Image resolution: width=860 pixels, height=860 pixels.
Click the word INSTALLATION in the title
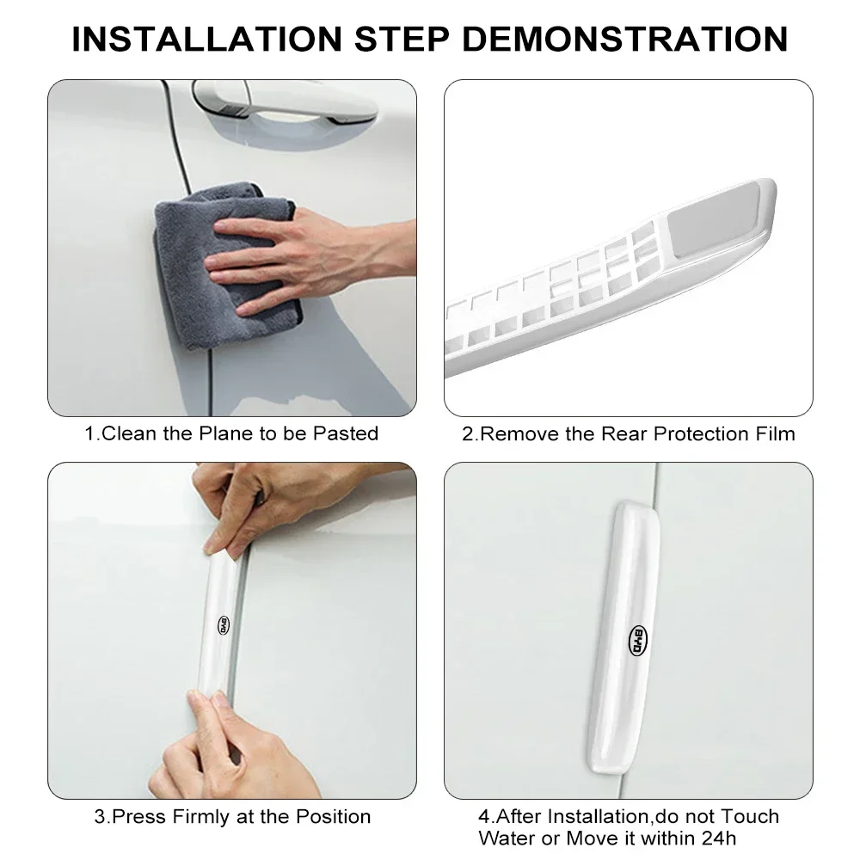tap(207, 39)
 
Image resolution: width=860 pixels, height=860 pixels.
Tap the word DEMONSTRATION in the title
tap(626, 39)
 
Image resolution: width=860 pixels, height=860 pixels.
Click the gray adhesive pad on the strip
tap(714, 219)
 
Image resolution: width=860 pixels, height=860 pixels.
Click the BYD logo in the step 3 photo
tap(224, 625)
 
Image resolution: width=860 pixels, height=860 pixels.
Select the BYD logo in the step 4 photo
tap(638, 640)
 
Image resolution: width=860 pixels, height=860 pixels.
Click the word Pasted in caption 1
tap(346, 433)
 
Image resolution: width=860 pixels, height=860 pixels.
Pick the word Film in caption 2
tap(775, 433)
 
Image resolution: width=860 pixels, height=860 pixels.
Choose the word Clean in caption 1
tap(129, 433)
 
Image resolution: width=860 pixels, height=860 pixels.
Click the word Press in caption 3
tap(139, 817)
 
